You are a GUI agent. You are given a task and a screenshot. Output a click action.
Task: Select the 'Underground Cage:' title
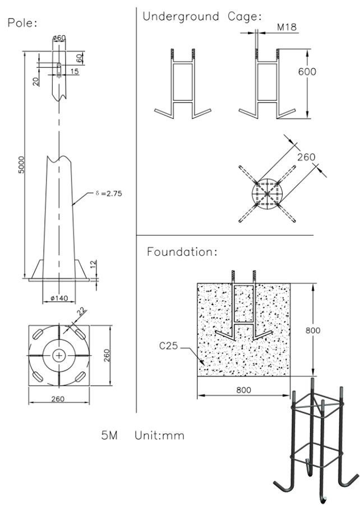coord(202,16)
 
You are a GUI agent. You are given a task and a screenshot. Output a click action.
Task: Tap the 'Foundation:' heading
coord(182,252)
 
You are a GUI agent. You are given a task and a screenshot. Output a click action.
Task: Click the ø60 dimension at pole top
coord(59,38)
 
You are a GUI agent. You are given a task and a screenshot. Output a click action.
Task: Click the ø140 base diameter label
coord(59,298)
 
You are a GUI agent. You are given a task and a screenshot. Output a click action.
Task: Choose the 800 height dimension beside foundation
coord(313,330)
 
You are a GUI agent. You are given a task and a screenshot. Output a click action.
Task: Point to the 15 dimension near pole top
coord(74,71)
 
